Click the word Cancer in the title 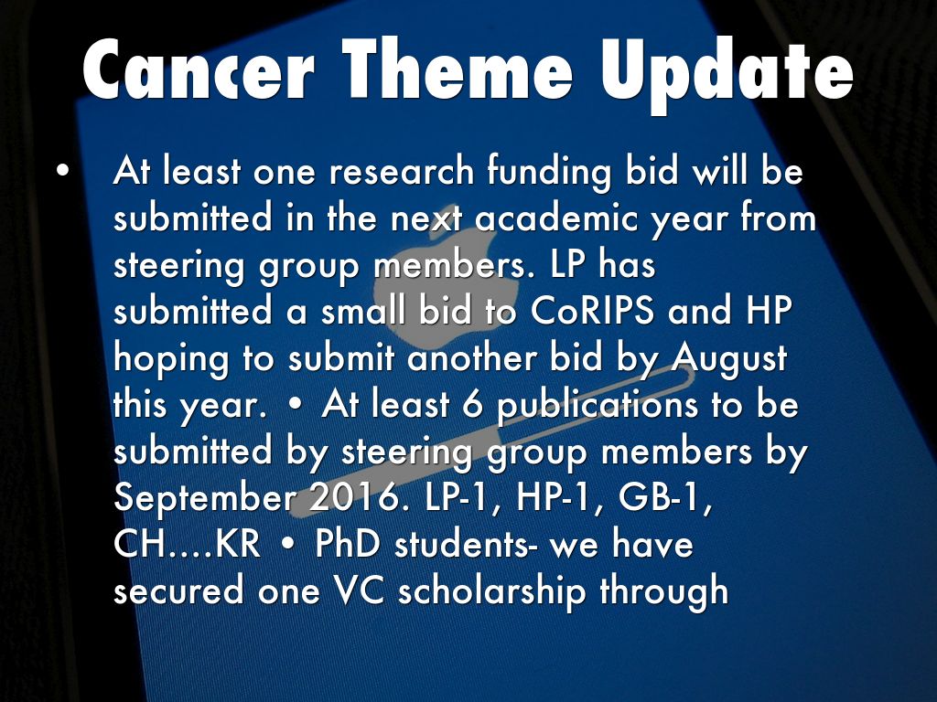199,70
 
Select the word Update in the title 727,76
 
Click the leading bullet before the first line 62,170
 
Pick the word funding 549,173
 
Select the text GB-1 665,497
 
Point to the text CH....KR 187,545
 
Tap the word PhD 347,545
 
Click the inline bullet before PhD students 287,545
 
